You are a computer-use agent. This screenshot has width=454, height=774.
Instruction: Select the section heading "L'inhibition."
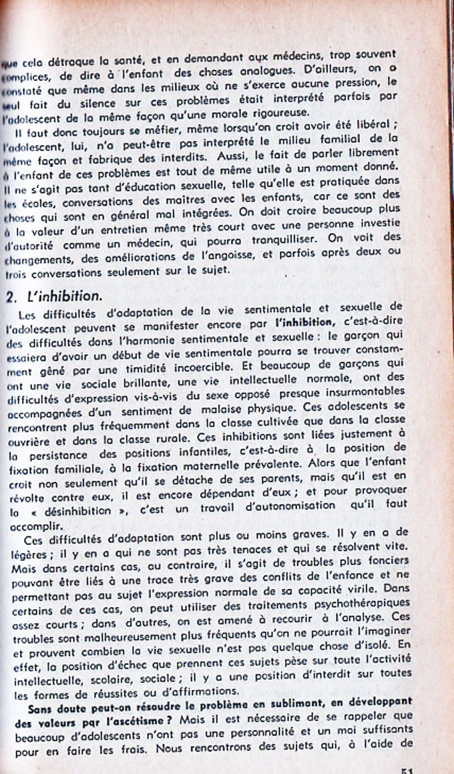65,296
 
